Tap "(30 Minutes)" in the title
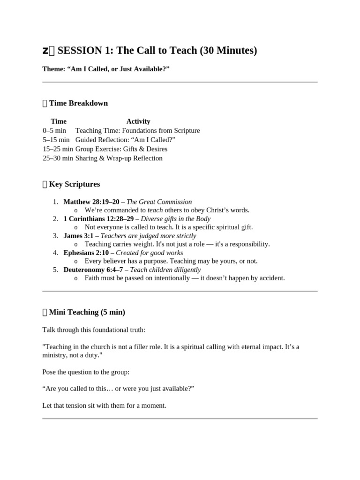coord(228,50)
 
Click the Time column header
coord(59,121)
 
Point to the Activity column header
coord(138,121)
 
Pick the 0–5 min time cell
coord(54,131)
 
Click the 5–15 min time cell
coord(56,140)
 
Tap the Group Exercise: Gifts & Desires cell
coord(121,149)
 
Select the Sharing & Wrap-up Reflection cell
coord(119,158)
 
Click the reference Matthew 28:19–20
coord(91,202)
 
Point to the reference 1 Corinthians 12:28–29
coord(99,219)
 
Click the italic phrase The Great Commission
coord(159,202)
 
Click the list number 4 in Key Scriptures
coord(55,253)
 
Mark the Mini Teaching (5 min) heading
coord(87,312)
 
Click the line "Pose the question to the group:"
coord(86,372)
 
